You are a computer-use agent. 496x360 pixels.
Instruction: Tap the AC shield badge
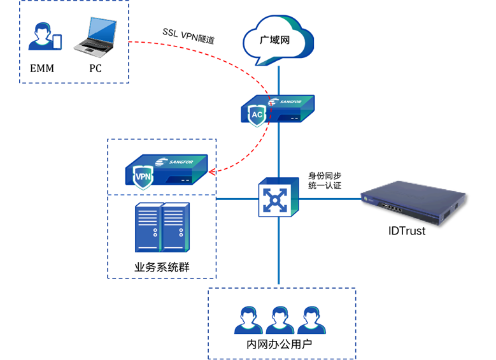point(257,115)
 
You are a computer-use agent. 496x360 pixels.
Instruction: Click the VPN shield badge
point(143,176)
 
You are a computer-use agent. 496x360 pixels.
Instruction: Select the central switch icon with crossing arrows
point(278,198)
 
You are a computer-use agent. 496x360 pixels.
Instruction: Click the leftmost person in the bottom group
point(248,320)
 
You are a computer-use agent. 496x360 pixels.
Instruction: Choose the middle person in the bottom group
point(280,320)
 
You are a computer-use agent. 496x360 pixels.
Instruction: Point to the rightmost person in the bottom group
point(311,320)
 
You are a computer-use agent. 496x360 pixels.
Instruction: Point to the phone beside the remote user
point(57,42)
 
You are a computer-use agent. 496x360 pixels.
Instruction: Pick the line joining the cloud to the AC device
point(278,80)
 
